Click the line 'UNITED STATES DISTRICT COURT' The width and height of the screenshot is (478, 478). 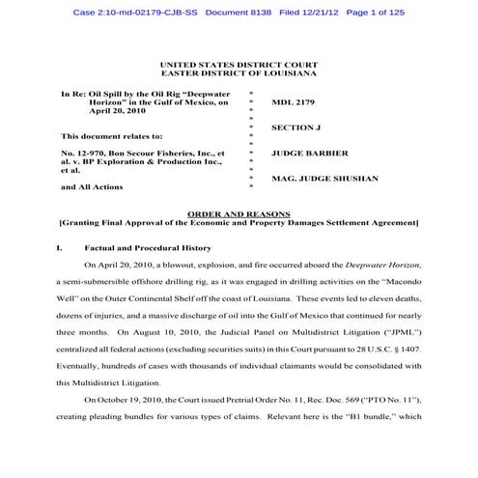coord(239,64)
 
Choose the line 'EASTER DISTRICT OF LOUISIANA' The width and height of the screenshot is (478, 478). coord(239,73)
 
